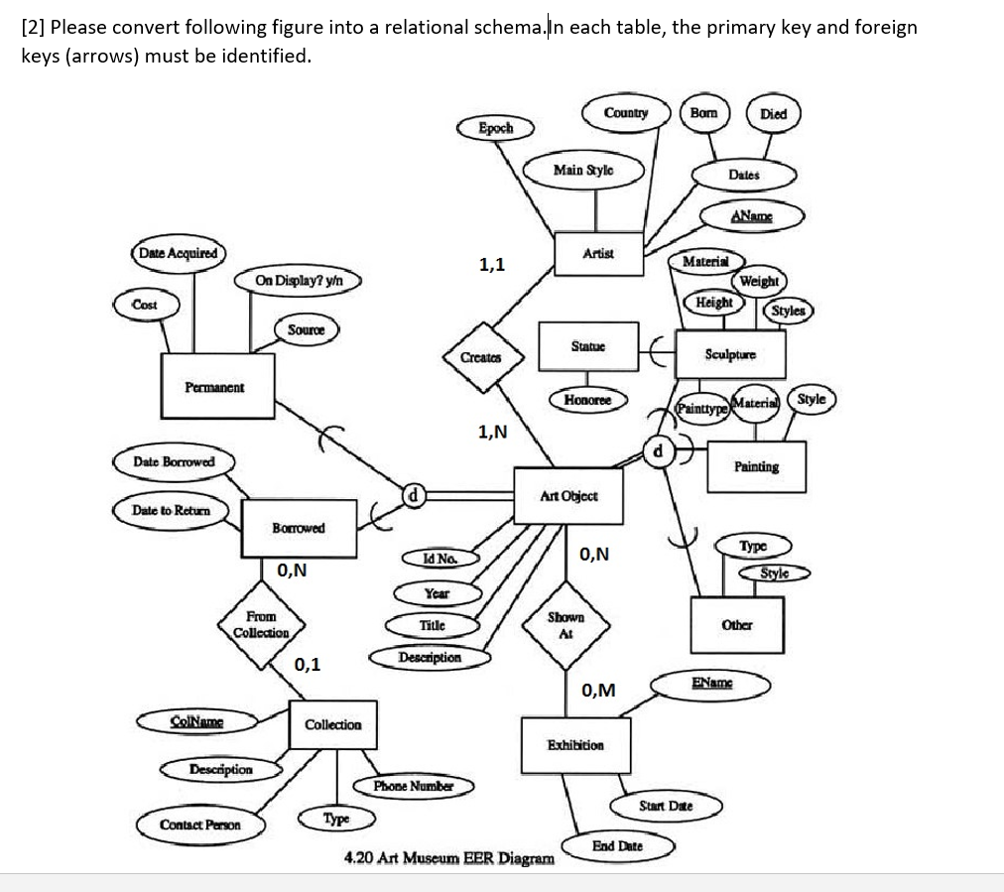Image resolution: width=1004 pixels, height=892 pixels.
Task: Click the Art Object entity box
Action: pyautogui.click(x=568, y=495)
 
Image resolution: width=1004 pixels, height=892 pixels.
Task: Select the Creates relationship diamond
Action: pyautogui.click(x=481, y=357)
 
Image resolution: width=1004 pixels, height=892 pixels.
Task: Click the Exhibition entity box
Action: pyautogui.click(x=574, y=744)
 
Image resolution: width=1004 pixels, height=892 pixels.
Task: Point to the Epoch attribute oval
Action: pyautogui.click(x=496, y=128)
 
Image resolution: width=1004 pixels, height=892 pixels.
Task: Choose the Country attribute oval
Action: pyautogui.click(x=626, y=113)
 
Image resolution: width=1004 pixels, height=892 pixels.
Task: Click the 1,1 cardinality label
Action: pyautogui.click(x=492, y=265)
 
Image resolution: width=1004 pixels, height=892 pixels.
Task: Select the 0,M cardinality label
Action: pyautogui.click(x=598, y=691)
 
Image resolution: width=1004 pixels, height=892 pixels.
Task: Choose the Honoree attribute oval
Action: pyautogui.click(x=587, y=400)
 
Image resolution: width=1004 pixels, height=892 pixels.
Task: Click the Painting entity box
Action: pyautogui.click(x=756, y=466)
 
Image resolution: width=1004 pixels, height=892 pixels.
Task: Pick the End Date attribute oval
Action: pyautogui.click(x=617, y=846)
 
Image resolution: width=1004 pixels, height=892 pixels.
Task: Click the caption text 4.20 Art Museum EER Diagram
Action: pyautogui.click(x=448, y=857)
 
